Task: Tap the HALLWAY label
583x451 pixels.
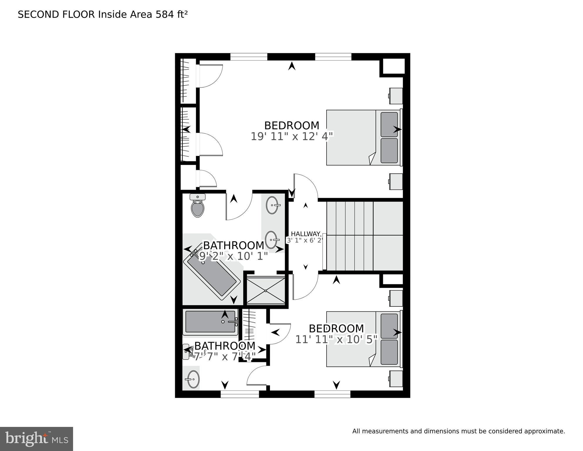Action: point(305,234)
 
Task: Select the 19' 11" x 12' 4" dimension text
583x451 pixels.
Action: point(292,137)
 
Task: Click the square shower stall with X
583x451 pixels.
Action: point(266,291)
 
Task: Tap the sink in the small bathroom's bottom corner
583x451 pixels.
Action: point(193,379)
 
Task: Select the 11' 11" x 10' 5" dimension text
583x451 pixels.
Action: point(336,340)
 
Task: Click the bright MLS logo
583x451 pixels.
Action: point(36,439)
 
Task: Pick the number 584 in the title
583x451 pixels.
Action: point(165,14)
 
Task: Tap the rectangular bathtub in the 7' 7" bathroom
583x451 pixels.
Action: point(210,322)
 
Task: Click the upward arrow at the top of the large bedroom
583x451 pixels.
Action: point(291,66)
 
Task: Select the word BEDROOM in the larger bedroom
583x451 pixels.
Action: point(291,125)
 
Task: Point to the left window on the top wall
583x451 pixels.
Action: point(249,56)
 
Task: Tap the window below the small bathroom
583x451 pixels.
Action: point(240,394)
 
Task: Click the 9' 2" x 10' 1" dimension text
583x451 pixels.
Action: point(234,256)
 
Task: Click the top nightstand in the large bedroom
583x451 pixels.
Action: point(396,96)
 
